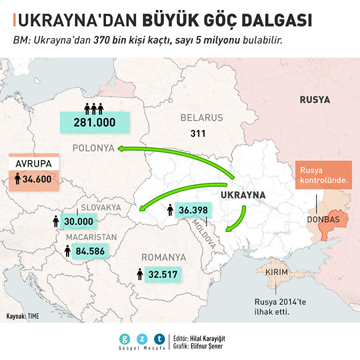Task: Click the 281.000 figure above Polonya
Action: pos(94,122)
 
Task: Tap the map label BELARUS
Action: pos(201,118)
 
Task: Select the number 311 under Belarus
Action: pos(198,133)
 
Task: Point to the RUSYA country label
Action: pos(315,100)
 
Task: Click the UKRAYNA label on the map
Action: pos(243,195)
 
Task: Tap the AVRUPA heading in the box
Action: pos(34,164)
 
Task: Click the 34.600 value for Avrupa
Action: pos(37,179)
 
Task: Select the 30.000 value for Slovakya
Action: pos(78,222)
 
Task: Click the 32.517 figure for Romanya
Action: pos(162,275)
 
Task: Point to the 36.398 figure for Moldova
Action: pos(193,210)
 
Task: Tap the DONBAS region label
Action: pos(323,220)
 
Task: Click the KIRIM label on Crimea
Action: pos(276,272)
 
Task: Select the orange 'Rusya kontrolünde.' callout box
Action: pos(323,175)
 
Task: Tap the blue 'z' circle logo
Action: pos(142,339)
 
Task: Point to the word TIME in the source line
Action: pos(34,316)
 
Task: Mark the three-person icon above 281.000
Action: pos(94,108)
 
